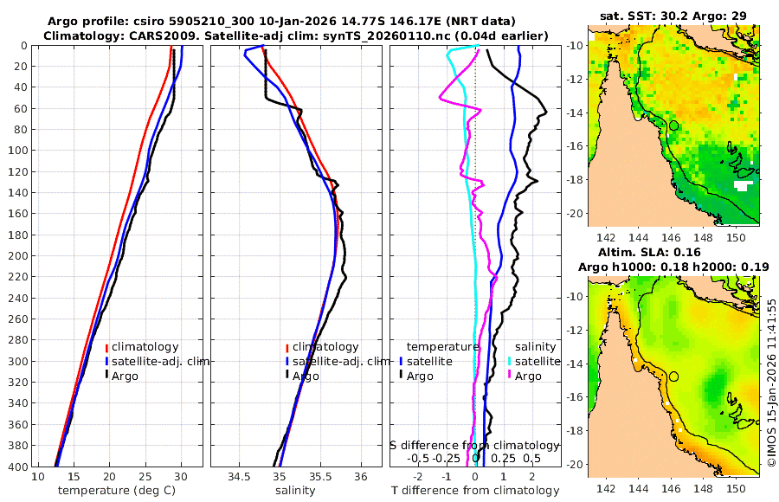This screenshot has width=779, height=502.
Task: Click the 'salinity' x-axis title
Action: tap(294, 491)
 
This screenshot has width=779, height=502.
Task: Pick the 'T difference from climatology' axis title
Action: tap(475, 491)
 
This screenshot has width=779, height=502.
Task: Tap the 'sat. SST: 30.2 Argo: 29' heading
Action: tap(673, 16)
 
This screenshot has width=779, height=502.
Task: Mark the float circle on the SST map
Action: tap(673, 125)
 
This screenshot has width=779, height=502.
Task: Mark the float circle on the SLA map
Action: tap(673, 376)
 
